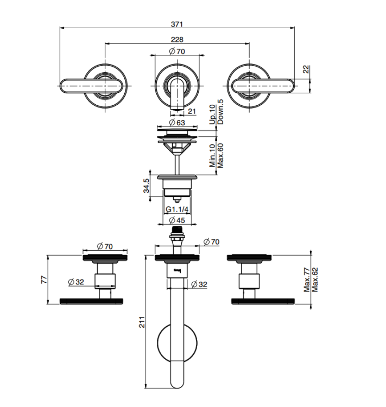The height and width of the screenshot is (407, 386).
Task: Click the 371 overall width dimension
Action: tap(177, 24)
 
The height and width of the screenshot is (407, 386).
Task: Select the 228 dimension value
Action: tap(177, 40)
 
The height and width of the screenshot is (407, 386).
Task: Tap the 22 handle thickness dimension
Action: tap(307, 69)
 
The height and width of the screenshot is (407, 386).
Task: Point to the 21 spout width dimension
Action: tap(192, 111)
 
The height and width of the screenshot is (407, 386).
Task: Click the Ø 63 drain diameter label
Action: tap(177, 122)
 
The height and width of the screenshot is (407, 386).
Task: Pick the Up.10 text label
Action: tap(212, 114)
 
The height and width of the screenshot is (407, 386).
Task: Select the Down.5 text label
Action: tap(220, 112)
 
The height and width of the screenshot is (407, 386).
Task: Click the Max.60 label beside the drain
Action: tap(220, 156)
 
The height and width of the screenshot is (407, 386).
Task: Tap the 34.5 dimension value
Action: tap(146, 186)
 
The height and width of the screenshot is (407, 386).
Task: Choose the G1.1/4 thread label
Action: tap(177, 209)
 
